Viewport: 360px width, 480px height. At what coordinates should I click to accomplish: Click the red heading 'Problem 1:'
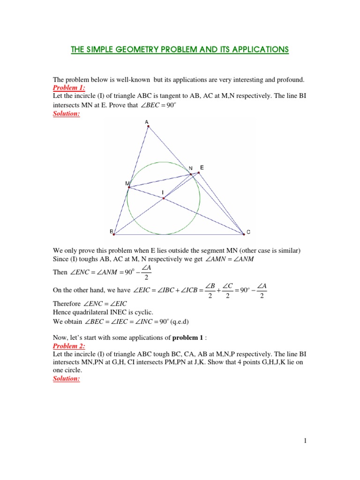click(68, 88)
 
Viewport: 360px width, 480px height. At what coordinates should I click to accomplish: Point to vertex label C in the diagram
click(248, 232)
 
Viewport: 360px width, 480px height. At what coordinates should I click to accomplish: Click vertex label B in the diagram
click(112, 232)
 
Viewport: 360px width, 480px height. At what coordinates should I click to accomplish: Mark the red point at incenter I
click(163, 198)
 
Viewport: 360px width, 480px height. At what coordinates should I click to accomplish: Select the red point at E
click(198, 173)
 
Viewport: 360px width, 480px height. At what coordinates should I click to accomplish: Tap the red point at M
click(129, 187)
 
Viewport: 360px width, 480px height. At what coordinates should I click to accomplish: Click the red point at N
click(191, 174)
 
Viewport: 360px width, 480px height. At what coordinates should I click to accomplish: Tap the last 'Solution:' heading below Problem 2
click(67, 378)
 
